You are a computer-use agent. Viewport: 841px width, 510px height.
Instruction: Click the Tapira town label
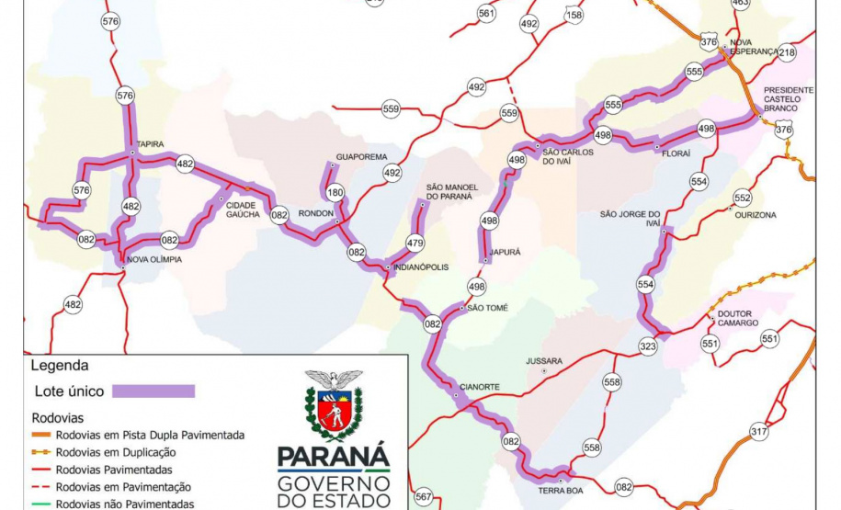pyautogui.click(x=151, y=144)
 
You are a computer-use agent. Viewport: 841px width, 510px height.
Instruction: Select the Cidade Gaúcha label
pyautogui.click(x=241, y=210)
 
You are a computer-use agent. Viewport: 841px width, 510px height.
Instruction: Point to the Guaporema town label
pyautogui.click(x=361, y=157)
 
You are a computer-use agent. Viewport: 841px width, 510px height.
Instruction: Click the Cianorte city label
pyautogui.click(x=481, y=387)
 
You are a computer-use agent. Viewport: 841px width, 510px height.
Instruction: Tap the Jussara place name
pyautogui.click(x=543, y=361)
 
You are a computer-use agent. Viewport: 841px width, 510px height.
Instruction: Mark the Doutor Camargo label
pyautogui.click(x=738, y=318)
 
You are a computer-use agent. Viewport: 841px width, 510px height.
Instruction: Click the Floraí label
pyautogui.click(x=676, y=153)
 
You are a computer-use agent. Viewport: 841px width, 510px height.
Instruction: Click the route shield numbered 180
pyautogui.click(x=335, y=193)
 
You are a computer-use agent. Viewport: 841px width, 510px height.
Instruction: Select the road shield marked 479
pyautogui.click(x=415, y=244)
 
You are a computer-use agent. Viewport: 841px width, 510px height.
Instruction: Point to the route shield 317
pyautogui.click(x=759, y=432)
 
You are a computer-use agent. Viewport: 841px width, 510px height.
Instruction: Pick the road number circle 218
pyautogui.click(x=787, y=53)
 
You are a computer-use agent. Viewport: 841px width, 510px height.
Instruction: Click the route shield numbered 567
pyautogui.click(x=423, y=497)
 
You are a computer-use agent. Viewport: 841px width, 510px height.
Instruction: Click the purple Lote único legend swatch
pyautogui.click(x=153, y=391)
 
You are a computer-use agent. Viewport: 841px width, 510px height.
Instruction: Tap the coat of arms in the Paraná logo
pyautogui.click(x=334, y=405)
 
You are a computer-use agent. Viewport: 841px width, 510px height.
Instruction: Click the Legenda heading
pyautogui.click(x=58, y=364)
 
